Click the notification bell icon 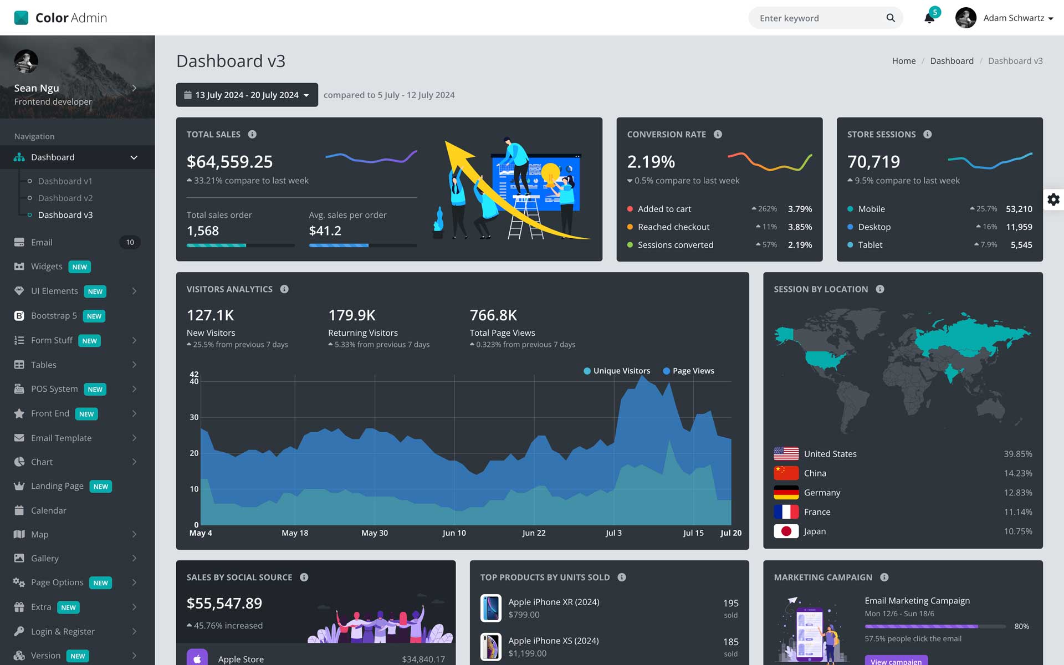point(929,18)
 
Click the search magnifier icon point(891,18)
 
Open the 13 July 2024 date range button point(247,95)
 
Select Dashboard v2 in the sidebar point(65,198)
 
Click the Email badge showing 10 point(130,242)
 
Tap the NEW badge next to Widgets point(79,267)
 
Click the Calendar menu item point(48,510)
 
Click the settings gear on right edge point(1053,199)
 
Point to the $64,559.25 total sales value point(229,162)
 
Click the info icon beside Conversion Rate point(718,134)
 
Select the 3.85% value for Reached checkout point(800,227)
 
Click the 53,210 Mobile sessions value point(1019,209)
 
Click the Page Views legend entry point(693,371)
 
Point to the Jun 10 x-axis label point(454,533)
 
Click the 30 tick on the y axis point(194,417)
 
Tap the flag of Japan point(786,531)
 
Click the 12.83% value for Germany point(1017,493)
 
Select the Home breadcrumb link point(903,61)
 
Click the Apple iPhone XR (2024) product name point(554,602)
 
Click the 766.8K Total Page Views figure point(493,315)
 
